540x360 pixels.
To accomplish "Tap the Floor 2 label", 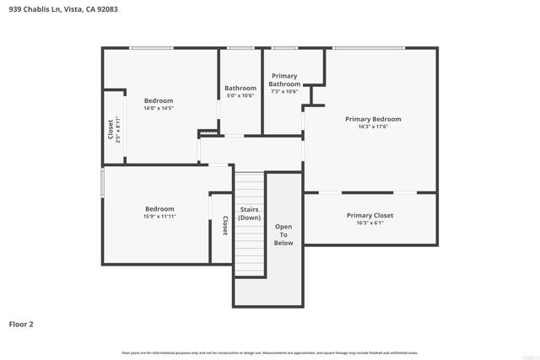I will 21,324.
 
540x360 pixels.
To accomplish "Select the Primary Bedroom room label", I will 373,119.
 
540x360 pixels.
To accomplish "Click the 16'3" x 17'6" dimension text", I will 373,127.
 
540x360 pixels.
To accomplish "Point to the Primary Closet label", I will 370,216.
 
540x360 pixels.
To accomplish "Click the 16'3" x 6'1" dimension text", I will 370,223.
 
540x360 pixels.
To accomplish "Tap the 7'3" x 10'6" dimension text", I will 284,91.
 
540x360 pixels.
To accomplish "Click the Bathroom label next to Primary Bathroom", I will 240,88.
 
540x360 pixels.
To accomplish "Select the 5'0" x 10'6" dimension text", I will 240,95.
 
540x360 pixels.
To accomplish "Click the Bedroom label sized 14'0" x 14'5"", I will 158,100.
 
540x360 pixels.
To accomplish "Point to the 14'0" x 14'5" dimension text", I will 158,108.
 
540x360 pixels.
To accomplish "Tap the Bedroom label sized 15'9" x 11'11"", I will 159,208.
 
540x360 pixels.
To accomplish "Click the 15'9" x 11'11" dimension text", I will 159,217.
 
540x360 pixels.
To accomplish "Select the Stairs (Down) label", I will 249,213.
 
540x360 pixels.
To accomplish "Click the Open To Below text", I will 283,234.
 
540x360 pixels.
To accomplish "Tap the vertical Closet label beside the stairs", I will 225,226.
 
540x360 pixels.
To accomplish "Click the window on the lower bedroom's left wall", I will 103,183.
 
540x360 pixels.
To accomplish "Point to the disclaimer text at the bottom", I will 270,352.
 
